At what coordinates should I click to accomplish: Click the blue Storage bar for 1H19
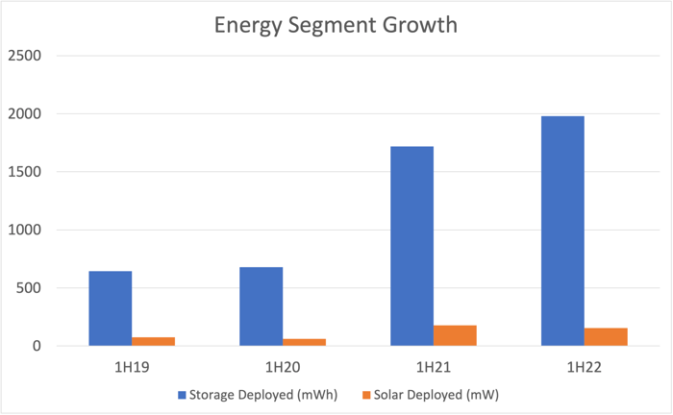coord(111,308)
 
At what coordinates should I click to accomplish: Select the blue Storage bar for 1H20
coord(261,306)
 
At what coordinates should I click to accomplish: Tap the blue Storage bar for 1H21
coord(411,246)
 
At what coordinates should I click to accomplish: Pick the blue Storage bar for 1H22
coord(562,231)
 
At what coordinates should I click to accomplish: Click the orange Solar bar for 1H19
coord(154,341)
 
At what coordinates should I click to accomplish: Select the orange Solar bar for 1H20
coord(304,342)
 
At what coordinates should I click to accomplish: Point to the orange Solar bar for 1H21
coord(455,335)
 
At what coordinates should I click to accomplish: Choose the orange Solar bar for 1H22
coord(606,337)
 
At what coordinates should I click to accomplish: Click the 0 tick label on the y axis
coord(37,347)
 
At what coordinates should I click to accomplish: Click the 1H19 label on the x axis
coord(132,367)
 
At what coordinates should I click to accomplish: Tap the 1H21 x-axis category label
coord(433,367)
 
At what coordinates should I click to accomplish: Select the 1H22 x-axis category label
coord(584,367)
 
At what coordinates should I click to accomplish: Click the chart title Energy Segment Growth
coord(336,24)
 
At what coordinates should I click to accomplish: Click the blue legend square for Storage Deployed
coord(182,395)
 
